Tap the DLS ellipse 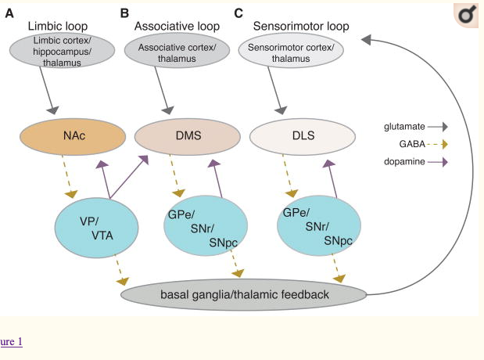click(x=301, y=136)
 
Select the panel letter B click(x=124, y=13)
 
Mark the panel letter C click(x=238, y=13)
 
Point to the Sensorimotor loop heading click(x=301, y=26)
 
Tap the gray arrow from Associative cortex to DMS click(x=164, y=95)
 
